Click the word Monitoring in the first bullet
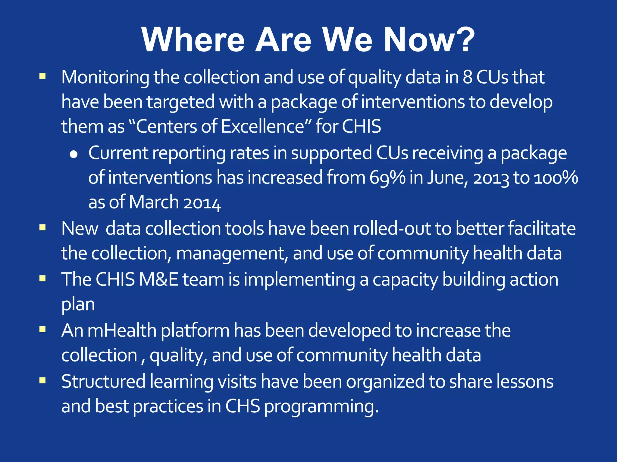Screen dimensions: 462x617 105,78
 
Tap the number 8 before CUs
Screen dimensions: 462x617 467,77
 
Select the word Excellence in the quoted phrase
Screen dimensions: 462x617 263,126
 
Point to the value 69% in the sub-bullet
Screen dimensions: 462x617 387,178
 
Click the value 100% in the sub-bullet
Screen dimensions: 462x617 556,178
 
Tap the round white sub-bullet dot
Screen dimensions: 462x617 74,155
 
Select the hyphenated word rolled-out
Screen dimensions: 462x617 392,229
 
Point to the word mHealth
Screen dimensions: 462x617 122,331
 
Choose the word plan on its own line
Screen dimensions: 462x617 78,304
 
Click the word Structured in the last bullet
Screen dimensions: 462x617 103,381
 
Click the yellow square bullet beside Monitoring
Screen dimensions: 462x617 42,76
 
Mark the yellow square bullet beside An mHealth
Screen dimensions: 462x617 42,329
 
